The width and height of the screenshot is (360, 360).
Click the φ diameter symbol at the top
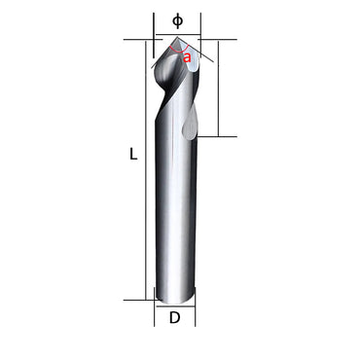(176, 18)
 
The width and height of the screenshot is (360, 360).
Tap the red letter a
(187, 57)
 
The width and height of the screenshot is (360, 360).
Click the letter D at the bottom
(175, 317)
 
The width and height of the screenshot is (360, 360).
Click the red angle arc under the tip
(176, 50)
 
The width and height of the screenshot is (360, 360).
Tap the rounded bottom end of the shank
(175, 297)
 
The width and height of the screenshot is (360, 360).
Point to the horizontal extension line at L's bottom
(138, 300)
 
